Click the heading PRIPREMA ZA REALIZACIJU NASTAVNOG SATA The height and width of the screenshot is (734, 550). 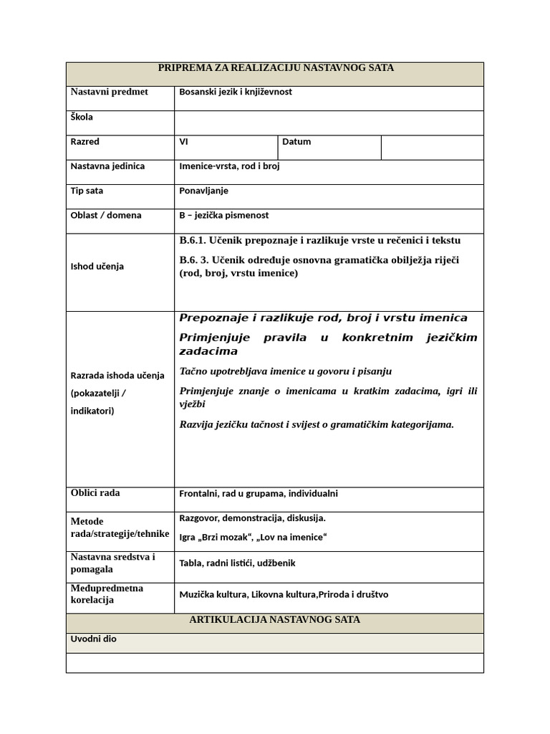click(x=275, y=68)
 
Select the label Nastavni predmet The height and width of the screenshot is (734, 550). click(x=109, y=92)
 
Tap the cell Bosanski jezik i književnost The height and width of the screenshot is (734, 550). click(x=236, y=92)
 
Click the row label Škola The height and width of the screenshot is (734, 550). click(x=82, y=117)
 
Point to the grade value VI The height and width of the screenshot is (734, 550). click(x=184, y=142)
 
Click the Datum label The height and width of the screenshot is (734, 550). click(x=296, y=142)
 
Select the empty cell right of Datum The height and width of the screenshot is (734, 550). click(x=432, y=147)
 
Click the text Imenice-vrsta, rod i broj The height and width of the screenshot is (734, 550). click(x=229, y=166)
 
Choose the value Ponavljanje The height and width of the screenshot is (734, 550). click(x=203, y=191)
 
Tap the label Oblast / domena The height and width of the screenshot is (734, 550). click(x=106, y=215)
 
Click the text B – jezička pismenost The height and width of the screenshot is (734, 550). click(x=224, y=215)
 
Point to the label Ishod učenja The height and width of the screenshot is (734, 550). click(x=97, y=267)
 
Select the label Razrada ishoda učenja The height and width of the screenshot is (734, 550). click(x=117, y=375)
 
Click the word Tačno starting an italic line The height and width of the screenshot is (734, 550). click(x=193, y=371)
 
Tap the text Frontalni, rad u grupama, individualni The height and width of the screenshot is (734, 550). click(x=259, y=494)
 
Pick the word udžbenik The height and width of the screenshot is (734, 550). click(x=276, y=563)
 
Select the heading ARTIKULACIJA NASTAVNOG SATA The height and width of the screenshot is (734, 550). click(x=275, y=619)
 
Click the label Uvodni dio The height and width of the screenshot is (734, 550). click(x=94, y=639)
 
